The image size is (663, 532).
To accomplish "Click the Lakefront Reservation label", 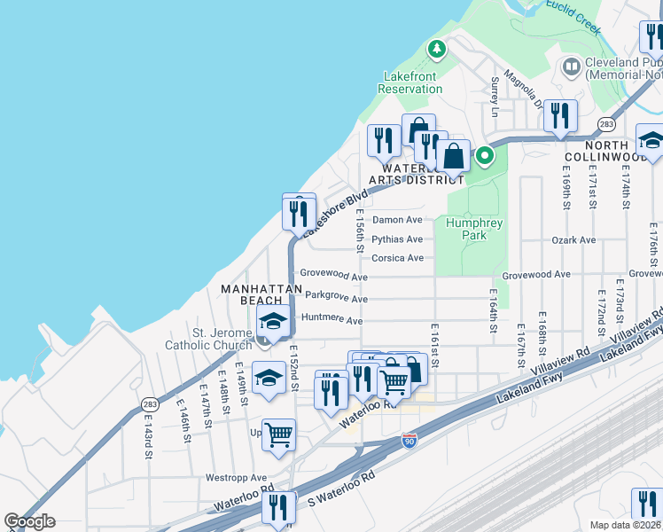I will pyautogui.click(x=409, y=82).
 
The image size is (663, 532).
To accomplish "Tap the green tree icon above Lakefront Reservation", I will pyautogui.click(x=435, y=49).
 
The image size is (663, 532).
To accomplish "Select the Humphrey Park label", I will pyautogui.click(x=466, y=230).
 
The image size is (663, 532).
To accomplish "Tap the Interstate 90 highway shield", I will pyautogui.click(x=409, y=441).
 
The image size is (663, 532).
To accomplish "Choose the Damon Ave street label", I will pyautogui.click(x=397, y=220).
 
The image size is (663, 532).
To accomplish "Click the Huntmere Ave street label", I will pyautogui.click(x=332, y=320).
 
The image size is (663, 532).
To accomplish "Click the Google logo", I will pyautogui.click(x=29, y=521).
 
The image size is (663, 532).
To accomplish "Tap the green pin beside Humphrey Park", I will pyautogui.click(x=485, y=157).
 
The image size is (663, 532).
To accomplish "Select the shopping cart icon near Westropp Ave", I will pyautogui.click(x=278, y=434).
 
